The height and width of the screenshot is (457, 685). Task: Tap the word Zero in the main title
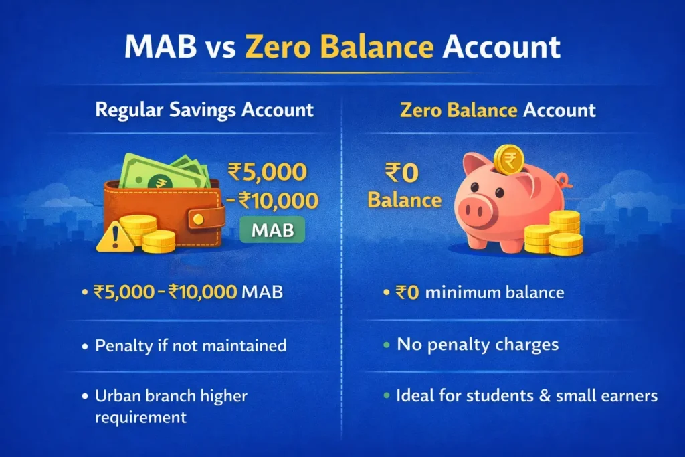282,49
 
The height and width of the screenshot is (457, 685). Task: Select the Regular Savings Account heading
205,109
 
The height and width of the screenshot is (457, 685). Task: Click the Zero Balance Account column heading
498,109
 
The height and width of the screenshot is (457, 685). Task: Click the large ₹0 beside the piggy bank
401,173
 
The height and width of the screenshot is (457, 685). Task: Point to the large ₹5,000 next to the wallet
268,172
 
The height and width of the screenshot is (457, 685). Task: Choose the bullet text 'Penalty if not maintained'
191,345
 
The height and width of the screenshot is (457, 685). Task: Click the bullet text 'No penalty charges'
478,345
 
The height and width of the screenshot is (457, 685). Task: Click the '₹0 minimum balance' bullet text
480,292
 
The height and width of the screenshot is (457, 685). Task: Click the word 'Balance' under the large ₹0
404,200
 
